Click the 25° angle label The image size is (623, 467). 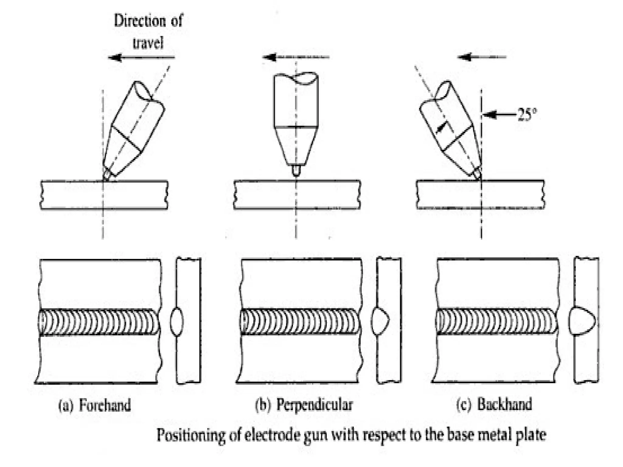coord(527,115)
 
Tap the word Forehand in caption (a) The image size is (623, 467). coord(105,405)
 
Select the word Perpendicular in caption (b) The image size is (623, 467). coord(315,405)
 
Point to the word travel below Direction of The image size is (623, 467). coord(148,43)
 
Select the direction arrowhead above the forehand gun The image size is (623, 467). coord(116,57)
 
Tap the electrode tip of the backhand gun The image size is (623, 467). coord(478,174)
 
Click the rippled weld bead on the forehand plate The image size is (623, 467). coord(99,322)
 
